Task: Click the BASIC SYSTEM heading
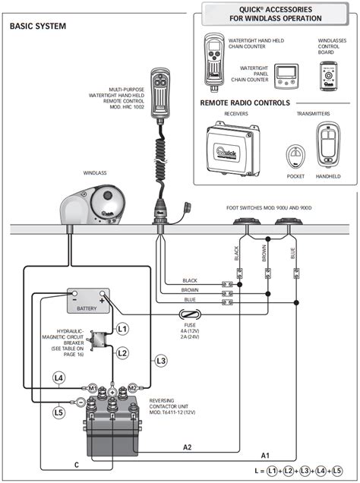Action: click(38, 27)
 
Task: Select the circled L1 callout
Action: click(122, 328)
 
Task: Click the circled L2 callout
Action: click(122, 352)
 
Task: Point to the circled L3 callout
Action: click(159, 360)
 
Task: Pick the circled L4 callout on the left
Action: click(58, 377)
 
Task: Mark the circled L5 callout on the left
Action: click(58, 413)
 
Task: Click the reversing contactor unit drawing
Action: click(112, 428)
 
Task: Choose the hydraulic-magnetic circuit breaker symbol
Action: click(97, 342)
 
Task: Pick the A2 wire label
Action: click(187, 447)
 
